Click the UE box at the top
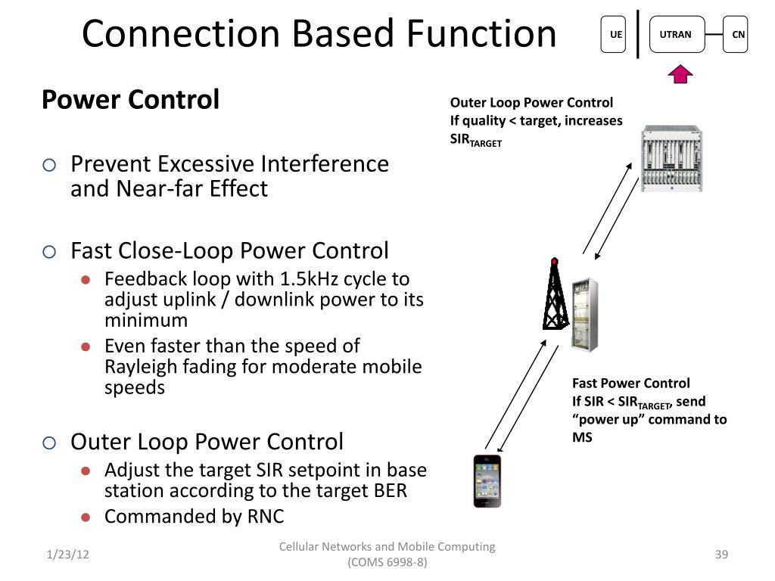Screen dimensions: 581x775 [x=614, y=35]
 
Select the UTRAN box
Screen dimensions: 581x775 [x=675, y=35]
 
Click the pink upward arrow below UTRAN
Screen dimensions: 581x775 [x=681, y=73]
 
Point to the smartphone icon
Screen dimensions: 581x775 [x=487, y=481]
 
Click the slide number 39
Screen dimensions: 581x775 [x=721, y=555]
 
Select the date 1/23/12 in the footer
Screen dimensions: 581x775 [x=67, y=555]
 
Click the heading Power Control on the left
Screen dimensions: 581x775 [x=130, y=99]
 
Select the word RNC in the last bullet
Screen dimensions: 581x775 [x=266, y=517]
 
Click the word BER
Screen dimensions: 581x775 [x=390, y=491]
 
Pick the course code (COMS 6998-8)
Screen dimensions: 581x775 [x=387, y=564]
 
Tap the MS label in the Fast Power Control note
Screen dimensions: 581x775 [x=582, y=438]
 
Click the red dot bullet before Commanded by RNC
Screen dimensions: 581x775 [x=86, y=517]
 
